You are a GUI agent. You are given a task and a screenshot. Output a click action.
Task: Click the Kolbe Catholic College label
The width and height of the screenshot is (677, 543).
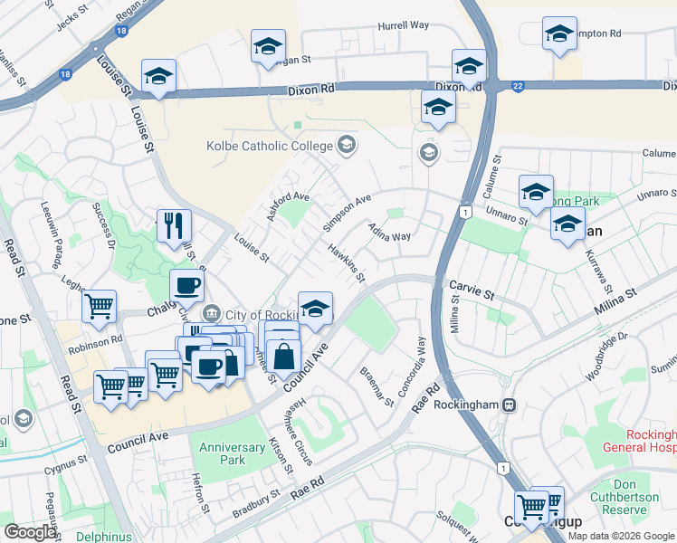tap(269, 145)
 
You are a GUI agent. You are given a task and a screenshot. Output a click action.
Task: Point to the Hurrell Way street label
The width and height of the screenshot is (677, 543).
tap(403, 25)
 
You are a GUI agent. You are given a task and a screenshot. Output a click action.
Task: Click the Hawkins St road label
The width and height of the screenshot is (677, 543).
tap(347, 263)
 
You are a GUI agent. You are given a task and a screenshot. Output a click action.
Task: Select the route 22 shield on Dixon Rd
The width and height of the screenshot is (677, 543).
tap(518, 86)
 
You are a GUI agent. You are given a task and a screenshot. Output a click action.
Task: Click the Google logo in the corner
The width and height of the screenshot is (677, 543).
tap(30, 531)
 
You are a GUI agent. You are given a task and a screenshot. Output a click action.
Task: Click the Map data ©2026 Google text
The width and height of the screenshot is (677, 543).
tap(621, 535)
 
